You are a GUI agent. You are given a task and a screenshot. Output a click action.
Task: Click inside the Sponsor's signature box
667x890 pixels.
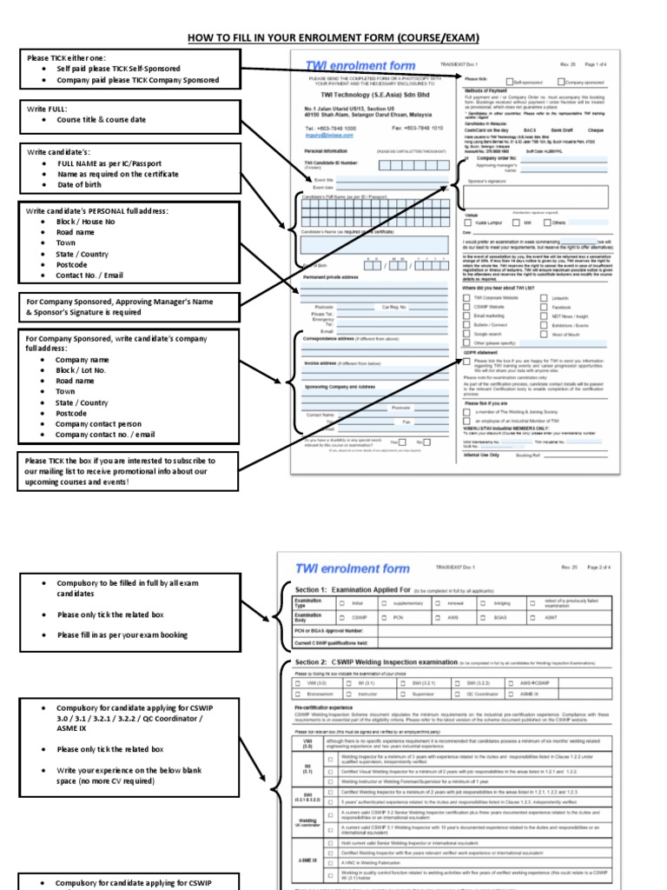(x=535, y=196)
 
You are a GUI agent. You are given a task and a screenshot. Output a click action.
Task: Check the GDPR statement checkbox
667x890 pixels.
(x=467, y=360)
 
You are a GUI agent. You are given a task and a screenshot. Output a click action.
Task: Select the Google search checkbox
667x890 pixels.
(x=467, y=334)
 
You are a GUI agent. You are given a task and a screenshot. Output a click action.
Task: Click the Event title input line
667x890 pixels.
(x=391, y=179)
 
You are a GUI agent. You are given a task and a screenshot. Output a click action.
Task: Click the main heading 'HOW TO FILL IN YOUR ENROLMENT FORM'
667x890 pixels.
(x=333, y=38)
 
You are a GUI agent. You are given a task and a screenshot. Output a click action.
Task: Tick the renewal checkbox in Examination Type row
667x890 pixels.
(x=439, y=601)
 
